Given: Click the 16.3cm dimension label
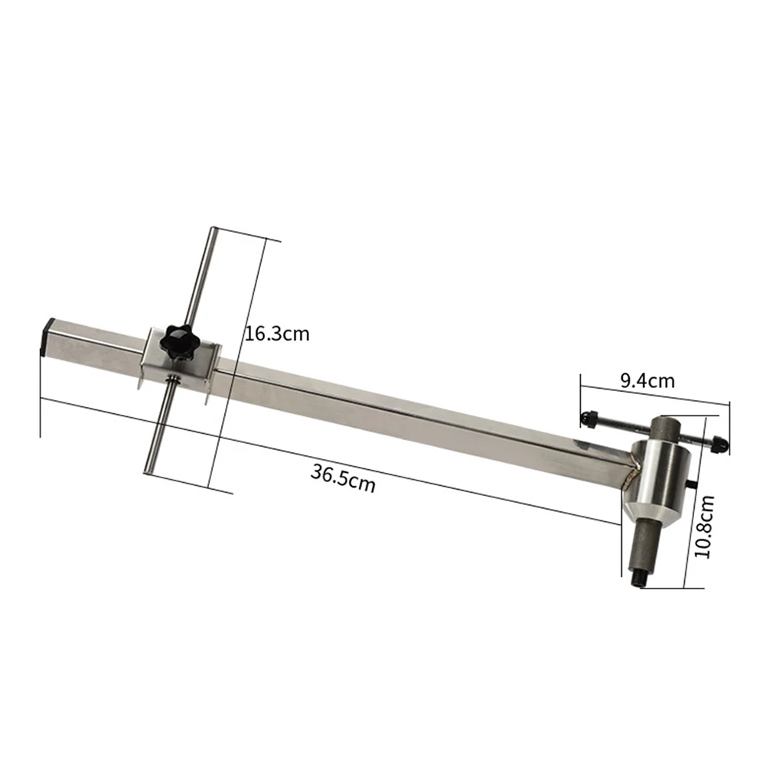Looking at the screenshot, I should [x=276, y=334].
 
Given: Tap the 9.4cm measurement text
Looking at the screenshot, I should [x=647, y=380].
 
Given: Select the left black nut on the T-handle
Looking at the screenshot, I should [x=588, y=418].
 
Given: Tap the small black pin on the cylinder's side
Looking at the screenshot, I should [x=693, y=484].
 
